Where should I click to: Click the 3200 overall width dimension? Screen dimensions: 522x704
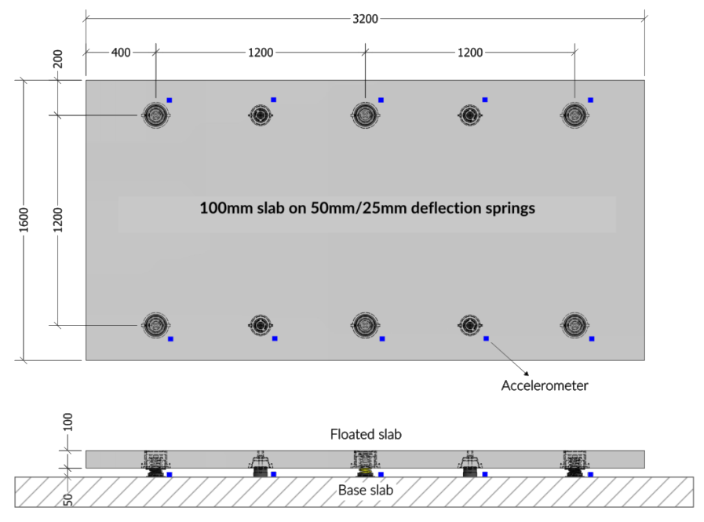pos(365,18)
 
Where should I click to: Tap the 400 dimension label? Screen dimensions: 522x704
pos(121,53)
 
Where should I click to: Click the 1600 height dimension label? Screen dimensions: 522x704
pos(24,220)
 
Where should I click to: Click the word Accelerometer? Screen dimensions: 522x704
pos(545,385)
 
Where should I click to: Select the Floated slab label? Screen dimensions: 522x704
pos(366,434)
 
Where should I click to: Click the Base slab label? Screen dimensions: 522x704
pos(366,491)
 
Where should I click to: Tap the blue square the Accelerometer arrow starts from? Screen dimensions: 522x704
pos(486,338)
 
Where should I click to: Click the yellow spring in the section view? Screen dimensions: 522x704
pos(365,472)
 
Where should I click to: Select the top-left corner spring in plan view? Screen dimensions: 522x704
pos(155,115)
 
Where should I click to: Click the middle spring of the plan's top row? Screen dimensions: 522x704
pos(365,115)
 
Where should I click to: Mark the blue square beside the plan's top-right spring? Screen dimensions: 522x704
pos(590,100)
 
